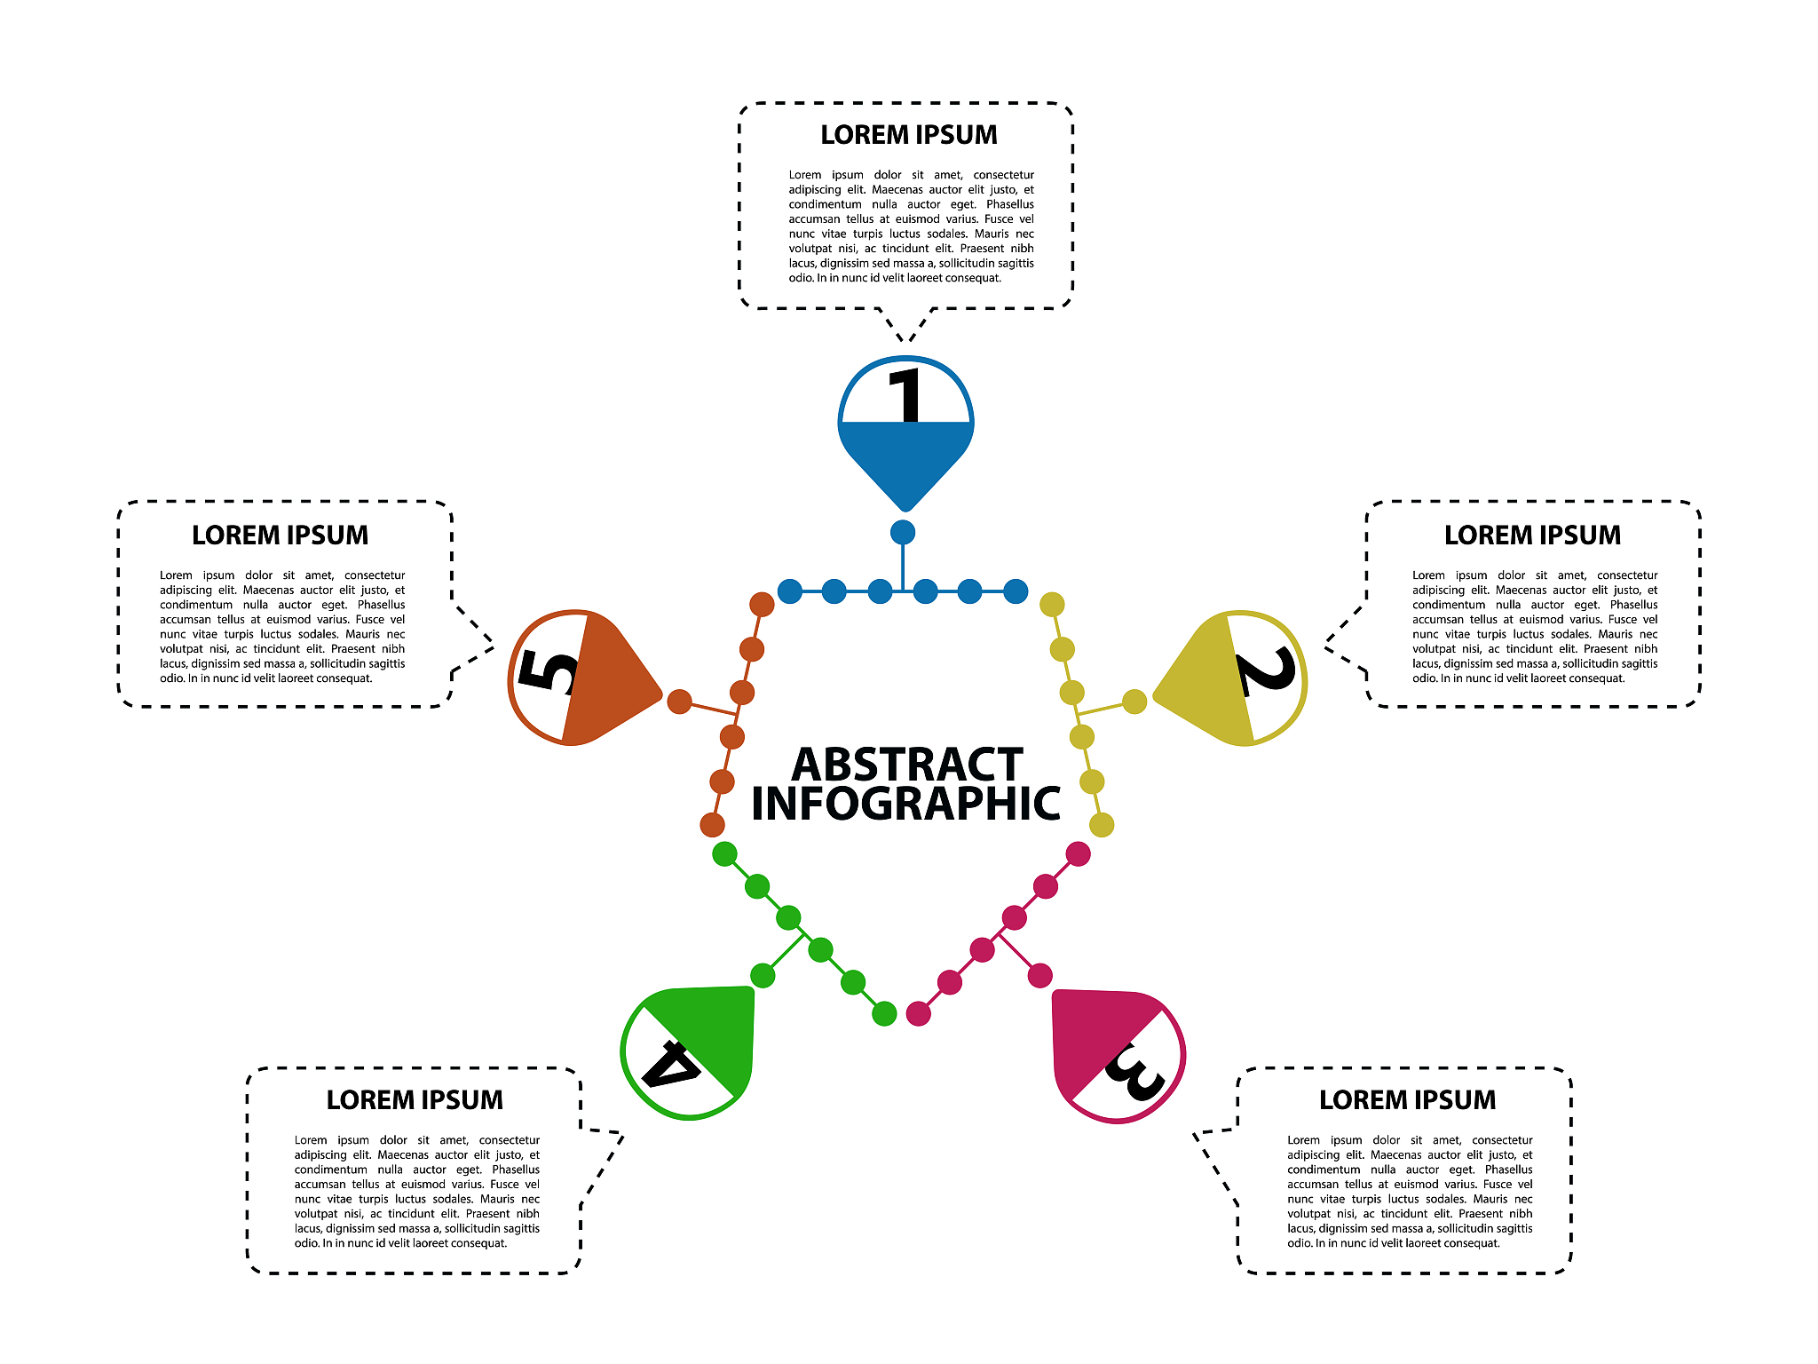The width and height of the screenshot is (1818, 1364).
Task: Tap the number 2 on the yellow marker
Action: [1268, 672]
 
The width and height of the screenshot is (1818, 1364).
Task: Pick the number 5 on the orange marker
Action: [547, 671]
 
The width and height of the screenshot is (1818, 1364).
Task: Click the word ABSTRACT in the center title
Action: [907, 765]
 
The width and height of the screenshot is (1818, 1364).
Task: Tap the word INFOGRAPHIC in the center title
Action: [905, 804]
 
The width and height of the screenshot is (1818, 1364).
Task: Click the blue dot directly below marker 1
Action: [903, 533]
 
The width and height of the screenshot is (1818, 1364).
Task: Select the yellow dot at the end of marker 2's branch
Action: [1134, 702]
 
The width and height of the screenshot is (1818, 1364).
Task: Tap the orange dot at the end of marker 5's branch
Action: [679, 702]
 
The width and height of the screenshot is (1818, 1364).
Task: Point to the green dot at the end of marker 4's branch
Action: [763, 975]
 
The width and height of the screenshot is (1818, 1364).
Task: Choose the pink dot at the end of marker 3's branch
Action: [1039, 975]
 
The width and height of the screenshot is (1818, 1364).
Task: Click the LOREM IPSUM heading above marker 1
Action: [908, 135]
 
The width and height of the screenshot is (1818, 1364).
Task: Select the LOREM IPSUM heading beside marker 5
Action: [280, 535]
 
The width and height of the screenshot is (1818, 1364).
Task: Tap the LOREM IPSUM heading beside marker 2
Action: [1532, 535]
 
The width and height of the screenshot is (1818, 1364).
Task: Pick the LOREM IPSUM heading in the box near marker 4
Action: [415, 1100]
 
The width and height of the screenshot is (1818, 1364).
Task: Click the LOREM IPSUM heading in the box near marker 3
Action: [1407, 1100]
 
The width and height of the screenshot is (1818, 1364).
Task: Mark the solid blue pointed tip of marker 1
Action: [905, 497]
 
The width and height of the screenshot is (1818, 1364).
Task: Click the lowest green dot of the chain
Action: [884, 1013]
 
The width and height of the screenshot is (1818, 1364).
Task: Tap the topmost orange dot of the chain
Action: [762, 605]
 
